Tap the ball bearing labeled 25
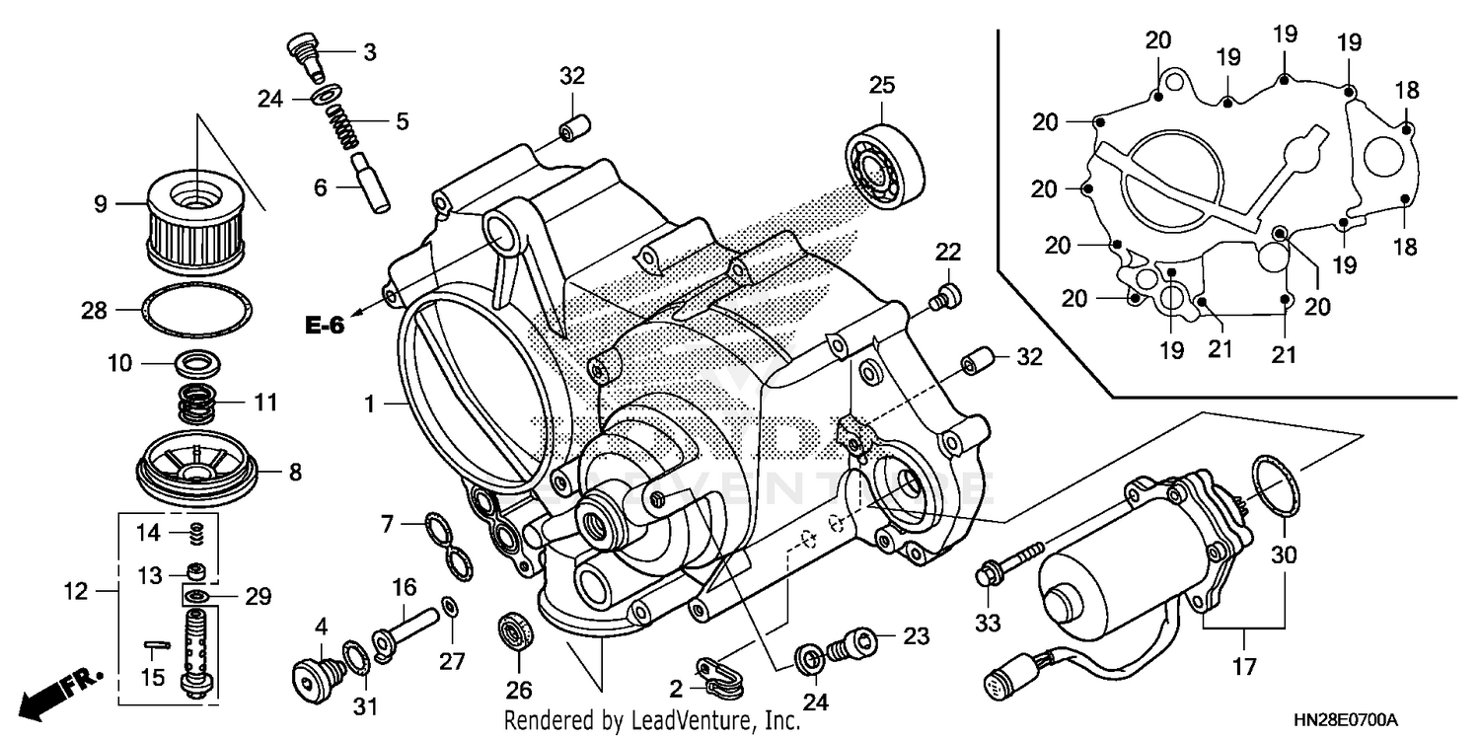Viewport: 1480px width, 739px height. point(885,165)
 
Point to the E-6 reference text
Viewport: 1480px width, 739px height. point(324,324)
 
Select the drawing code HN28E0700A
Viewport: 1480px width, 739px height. point(1354,720)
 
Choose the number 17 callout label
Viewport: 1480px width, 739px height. point(1244,667)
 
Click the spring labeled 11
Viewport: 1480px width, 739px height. point(199,403)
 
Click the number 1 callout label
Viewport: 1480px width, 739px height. point(369,404)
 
